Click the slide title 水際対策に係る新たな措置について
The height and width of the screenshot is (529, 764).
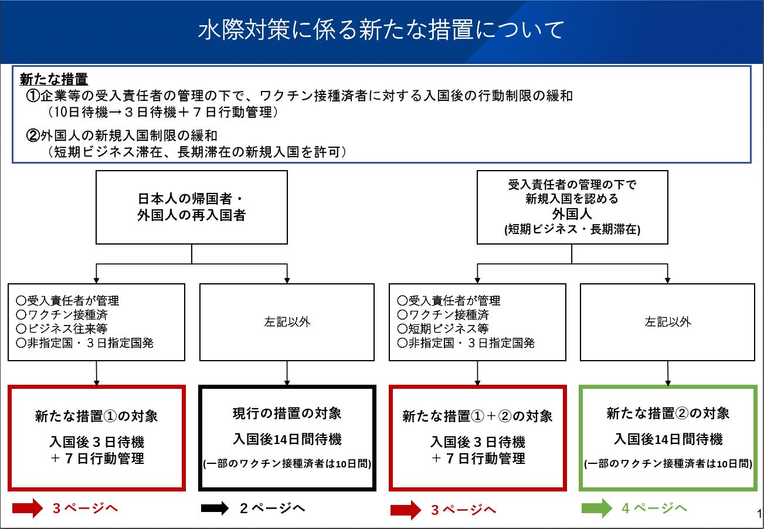click(x=381, y=29)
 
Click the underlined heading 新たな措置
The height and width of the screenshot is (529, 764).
click(x=54, y=79)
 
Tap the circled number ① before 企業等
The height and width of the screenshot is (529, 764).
click(x=33, y=96)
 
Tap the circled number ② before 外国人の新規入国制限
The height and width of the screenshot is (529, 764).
click(x=33, y=135)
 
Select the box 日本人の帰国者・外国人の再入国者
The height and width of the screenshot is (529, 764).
click(x=192, y=208)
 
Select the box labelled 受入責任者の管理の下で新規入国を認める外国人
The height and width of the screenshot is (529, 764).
click(x=572, y=208)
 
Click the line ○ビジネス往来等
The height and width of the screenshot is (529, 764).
click(x=62, y=329)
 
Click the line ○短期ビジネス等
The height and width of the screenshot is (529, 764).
click(x=443, y=329)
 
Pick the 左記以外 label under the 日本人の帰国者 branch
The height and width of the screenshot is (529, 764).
click(x=287, y=322)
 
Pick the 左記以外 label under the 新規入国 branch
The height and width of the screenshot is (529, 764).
click(x=668, y=322)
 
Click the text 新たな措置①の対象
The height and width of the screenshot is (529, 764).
click(x=96, y=416)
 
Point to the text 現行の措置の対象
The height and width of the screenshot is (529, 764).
click(x=287, y=413)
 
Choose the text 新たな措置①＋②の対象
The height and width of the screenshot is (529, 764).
click(x=477, y=416)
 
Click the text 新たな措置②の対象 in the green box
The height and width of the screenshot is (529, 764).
click(x=668, y=413)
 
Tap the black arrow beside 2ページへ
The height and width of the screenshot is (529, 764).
click(x=215, y=508)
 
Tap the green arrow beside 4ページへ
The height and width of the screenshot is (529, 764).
click(x=597, y=508)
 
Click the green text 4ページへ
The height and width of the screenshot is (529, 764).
click(x=654, y=508)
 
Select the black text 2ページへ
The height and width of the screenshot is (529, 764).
click(x=272, y=508)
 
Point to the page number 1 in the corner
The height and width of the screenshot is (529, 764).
click(x=759, y=513)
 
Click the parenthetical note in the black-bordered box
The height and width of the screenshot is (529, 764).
click(x=287, y=463)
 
